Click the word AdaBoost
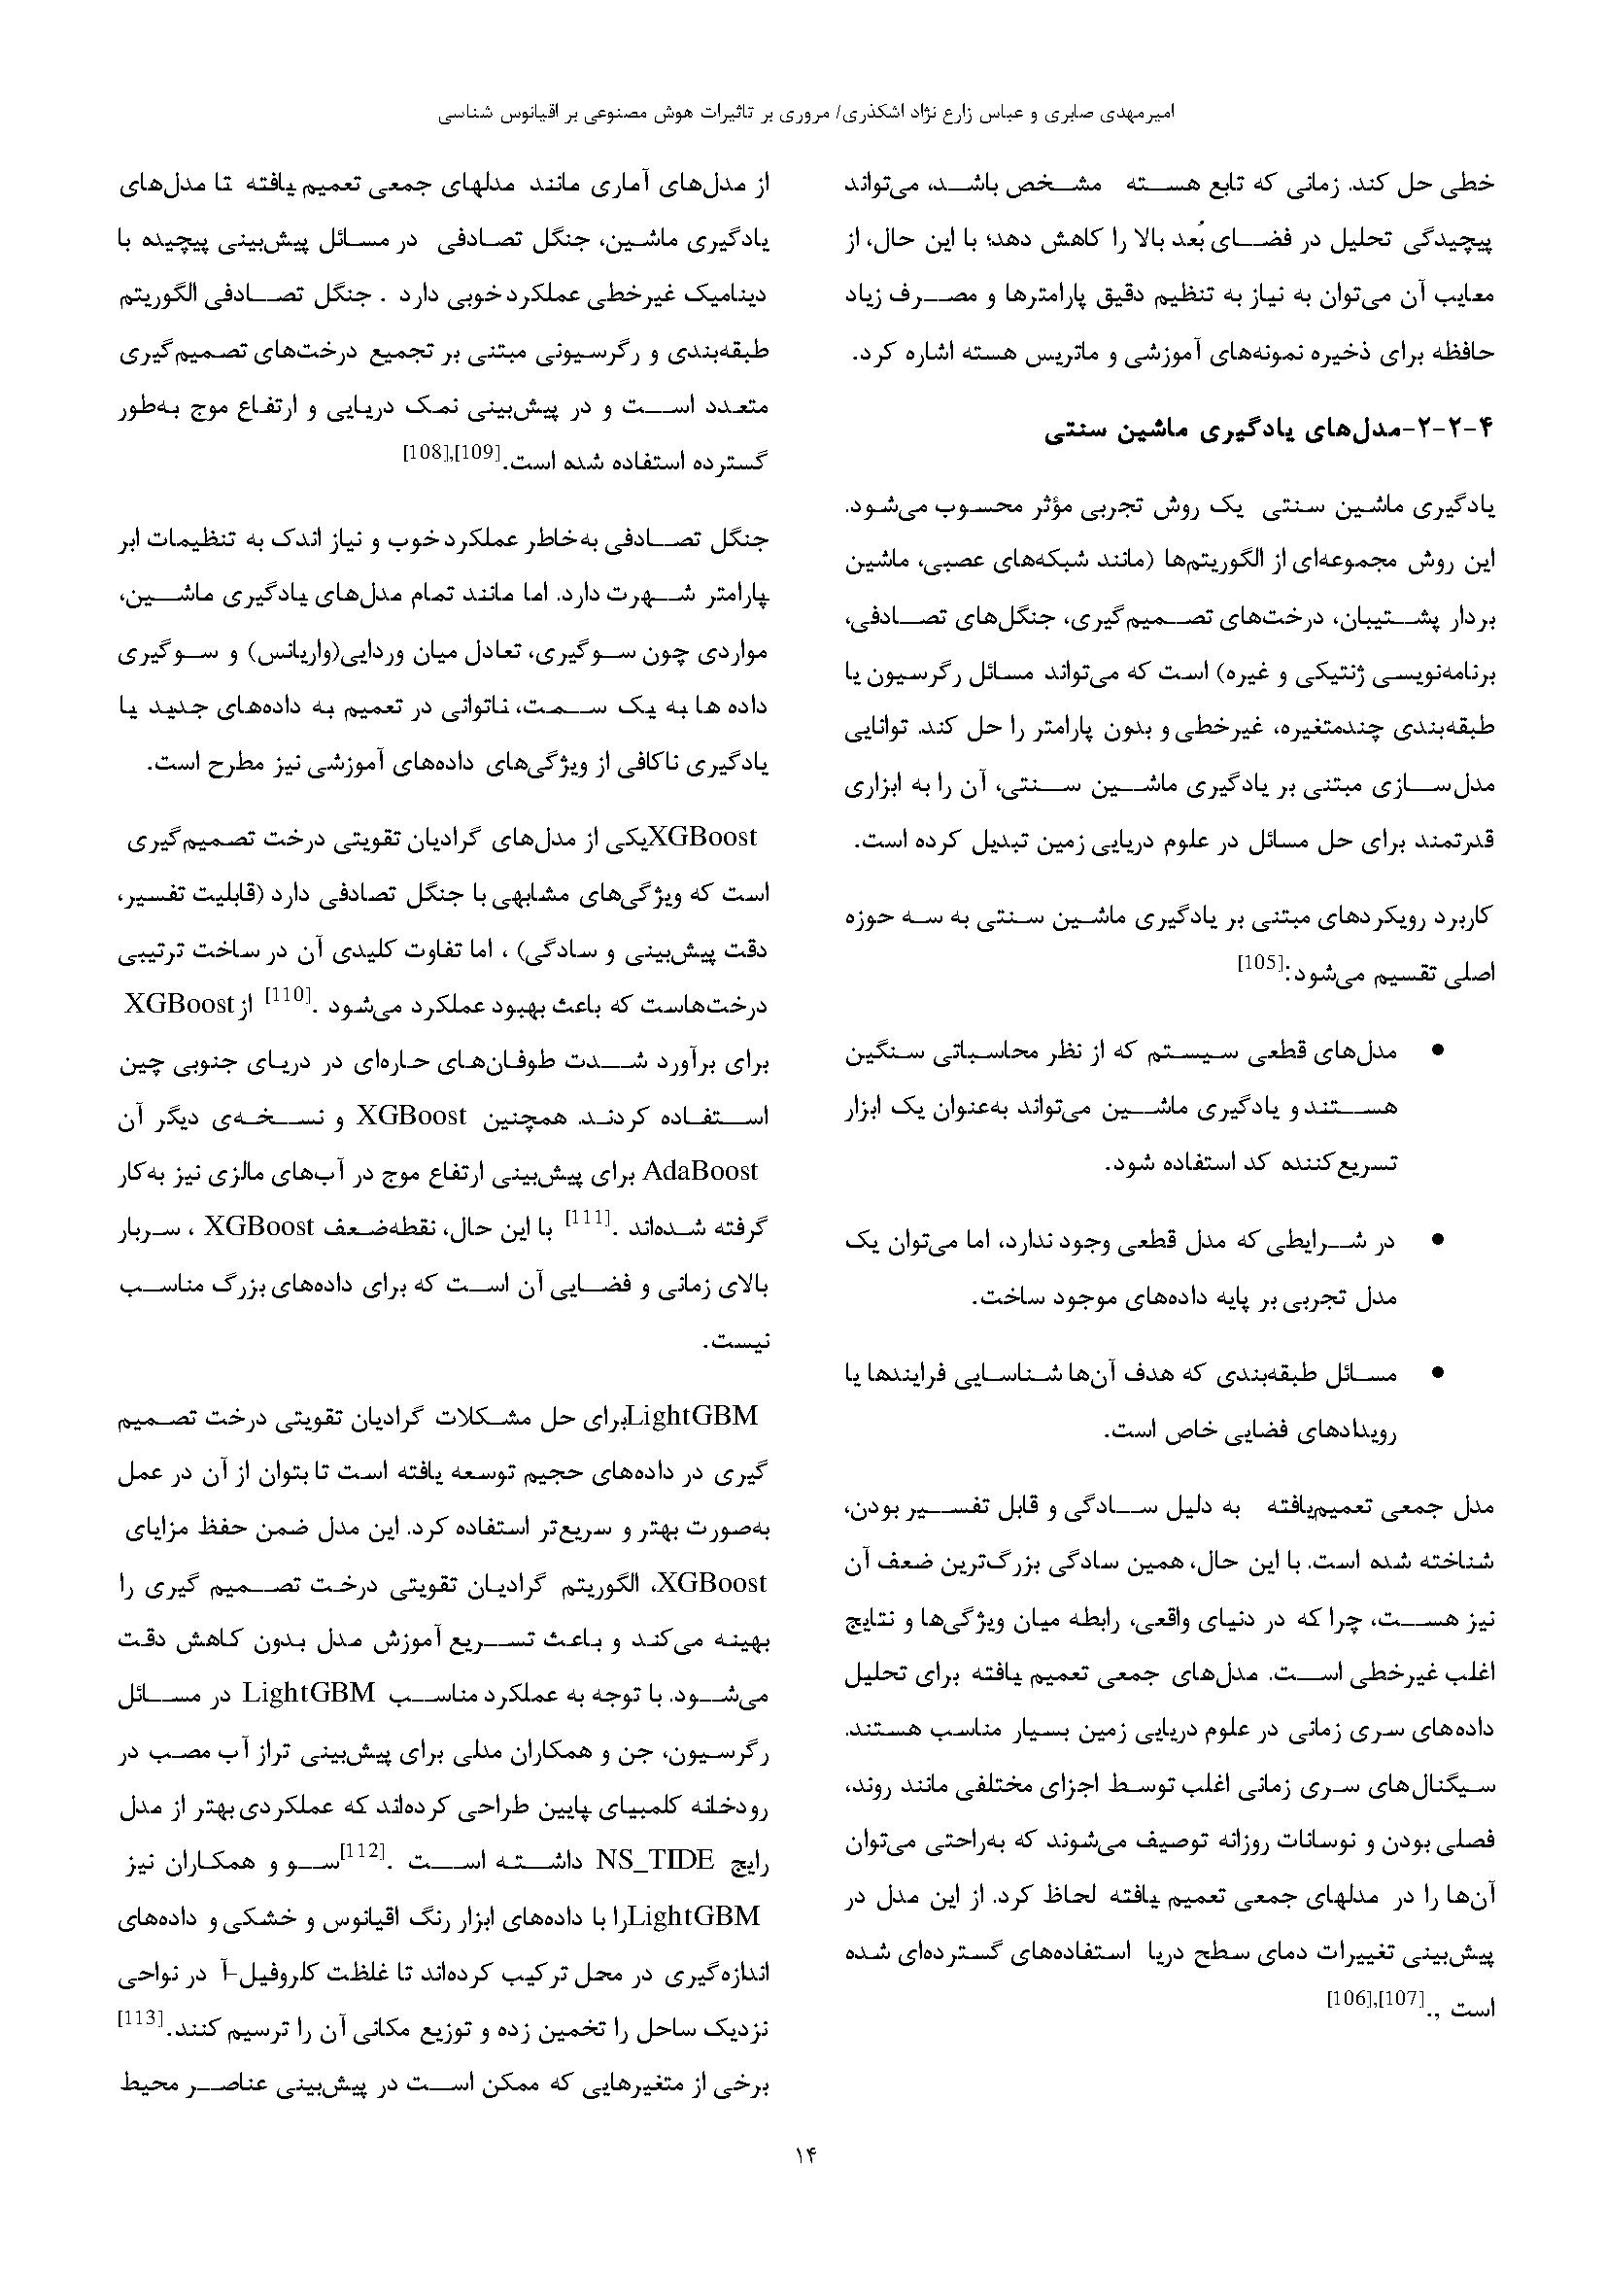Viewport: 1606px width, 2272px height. click(x=700, y=1173)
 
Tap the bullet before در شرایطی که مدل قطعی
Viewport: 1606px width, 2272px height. click(x=1438, y=1239)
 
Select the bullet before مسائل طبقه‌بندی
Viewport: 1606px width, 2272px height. click(x=1438, y=1372)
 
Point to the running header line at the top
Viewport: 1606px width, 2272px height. click(x=803, y=114)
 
